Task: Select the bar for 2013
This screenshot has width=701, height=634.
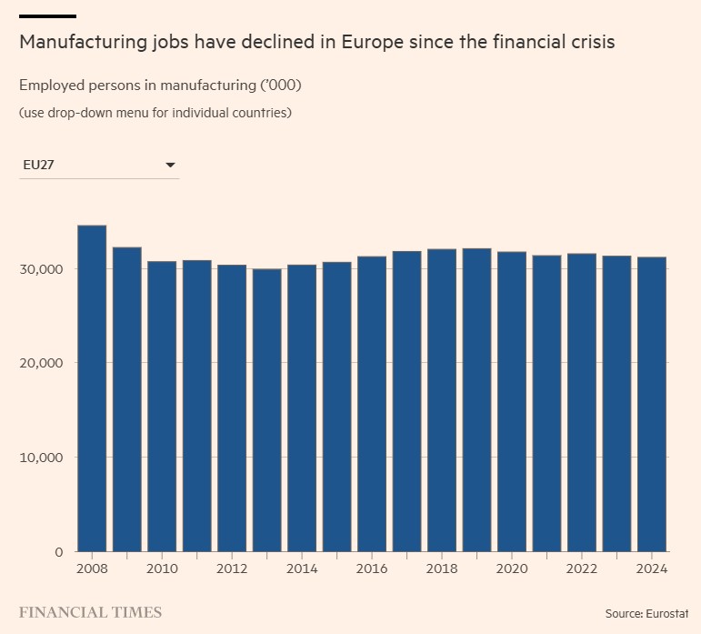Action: coord(266,410)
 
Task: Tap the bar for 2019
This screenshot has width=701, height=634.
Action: coord(476,400)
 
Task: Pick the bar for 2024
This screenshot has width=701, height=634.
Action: coord(652,404)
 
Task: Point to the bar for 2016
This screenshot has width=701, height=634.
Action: coord(372,404)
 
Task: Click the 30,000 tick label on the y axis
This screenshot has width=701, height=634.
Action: coord(41,269)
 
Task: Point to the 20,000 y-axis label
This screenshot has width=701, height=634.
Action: coord(41,363)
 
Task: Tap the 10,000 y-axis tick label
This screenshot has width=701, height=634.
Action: coord(41,457)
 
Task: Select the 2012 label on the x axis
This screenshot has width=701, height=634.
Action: coord(232,569)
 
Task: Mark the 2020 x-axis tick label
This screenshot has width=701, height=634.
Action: coord(512,569)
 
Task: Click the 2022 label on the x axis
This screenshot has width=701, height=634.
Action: coord(582,569)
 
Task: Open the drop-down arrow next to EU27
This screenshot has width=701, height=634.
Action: coord(170,166)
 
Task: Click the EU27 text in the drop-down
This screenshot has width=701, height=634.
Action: coord(40,166)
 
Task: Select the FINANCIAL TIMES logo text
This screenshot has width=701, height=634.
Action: coord(90,612)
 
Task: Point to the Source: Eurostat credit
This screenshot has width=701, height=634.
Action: coord(646,614)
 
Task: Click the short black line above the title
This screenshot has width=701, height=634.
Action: coord(47,16)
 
